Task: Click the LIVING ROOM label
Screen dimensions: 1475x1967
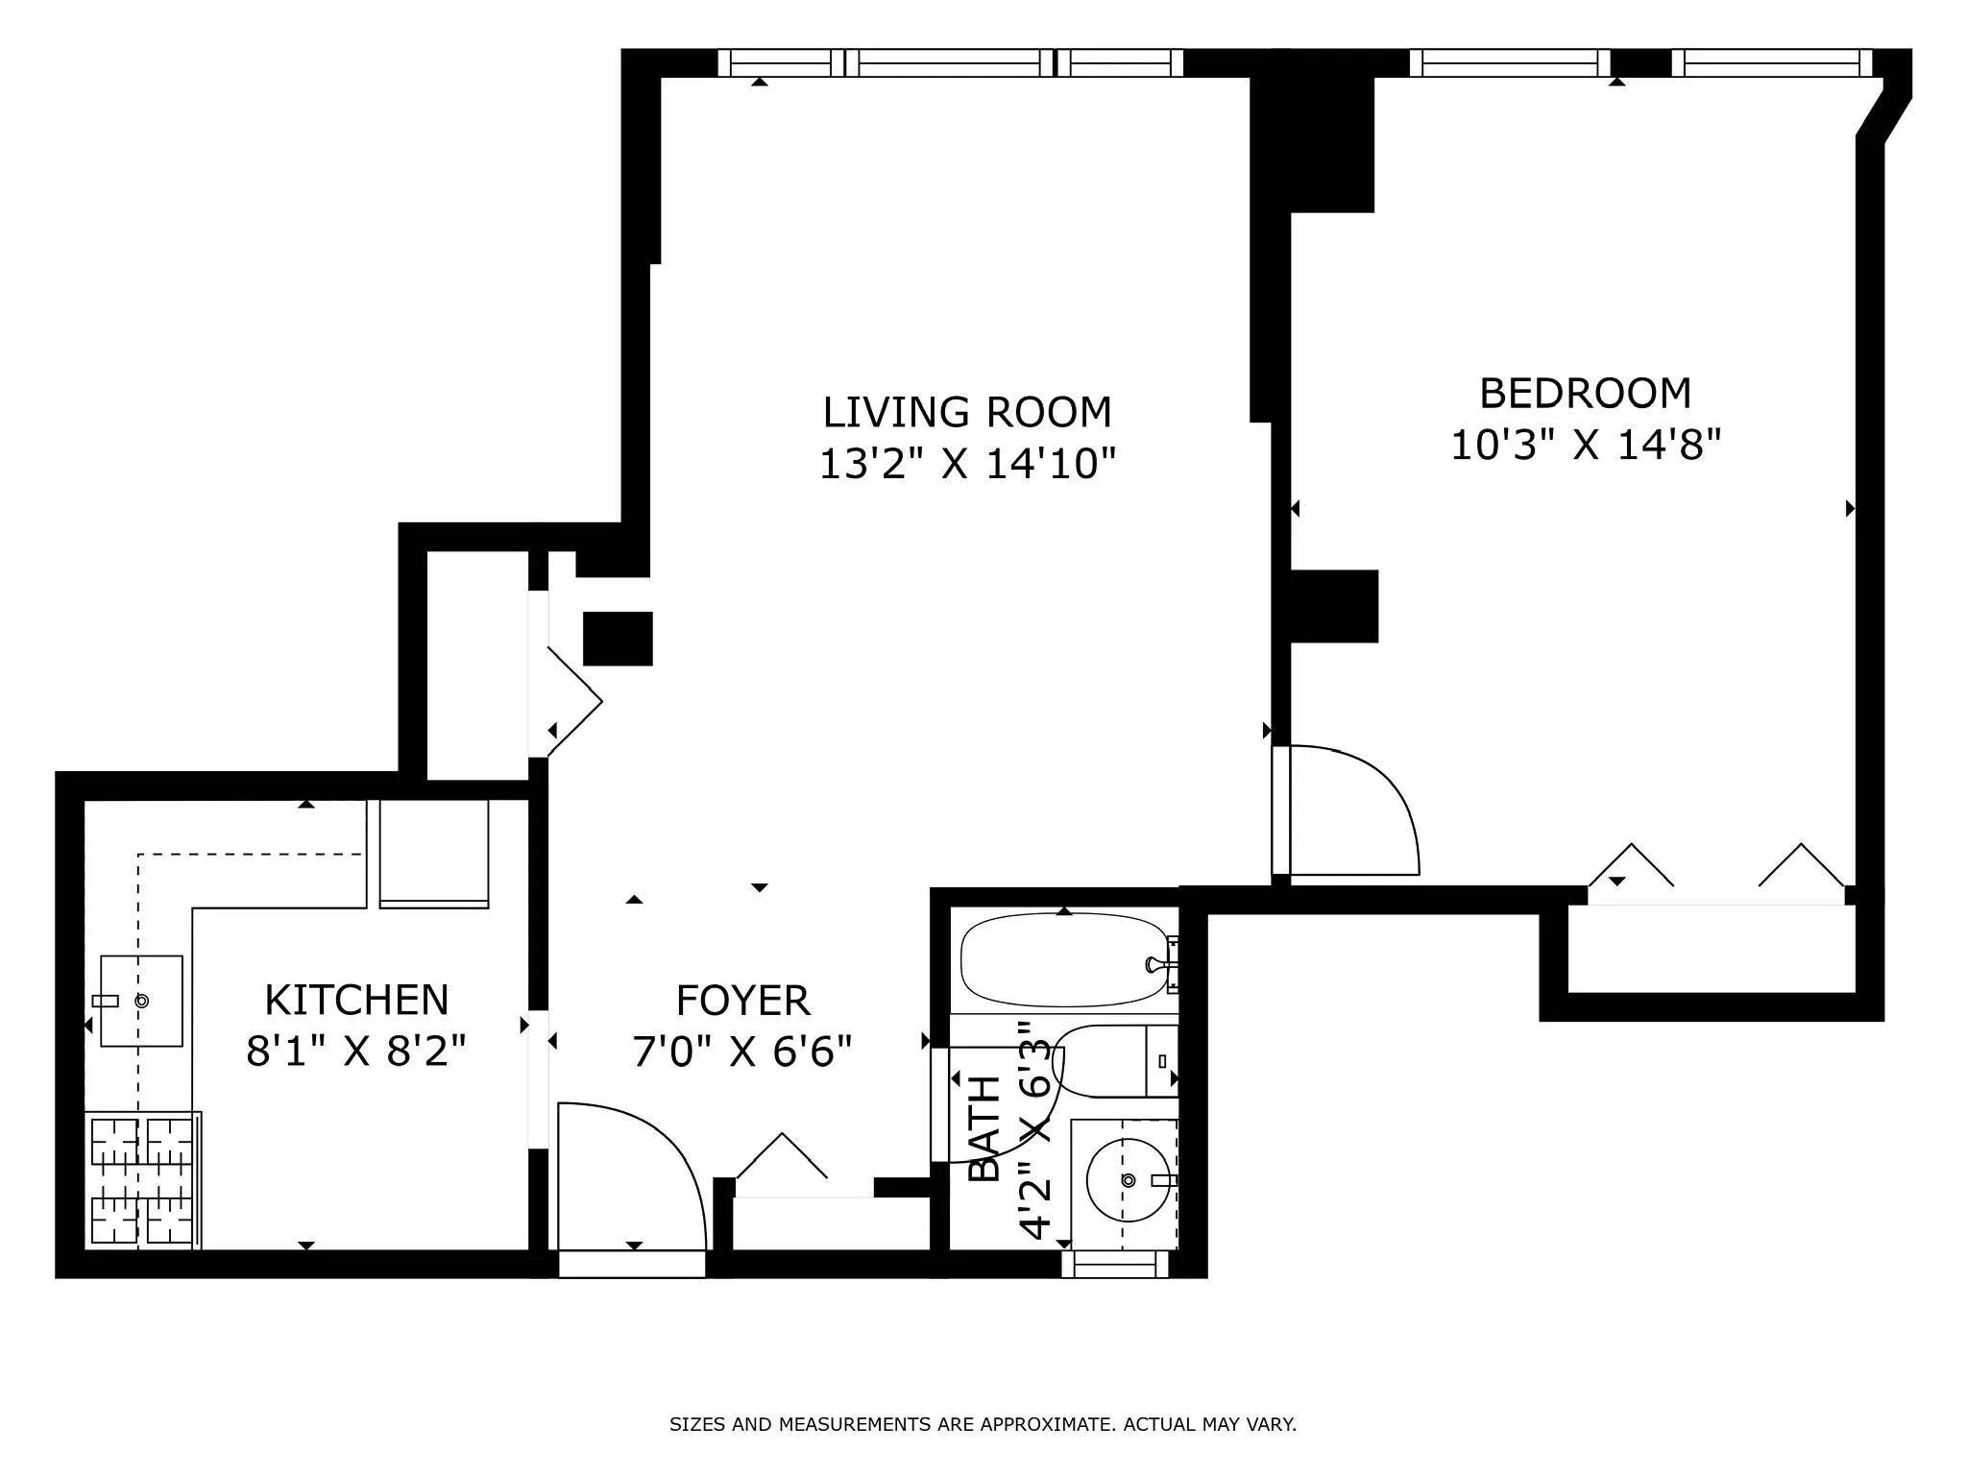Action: click(x=966, y=412)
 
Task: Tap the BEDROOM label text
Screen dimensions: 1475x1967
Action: click(x=1585, y=394)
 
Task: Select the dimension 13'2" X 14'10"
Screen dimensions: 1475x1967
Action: click(x=966, y=465)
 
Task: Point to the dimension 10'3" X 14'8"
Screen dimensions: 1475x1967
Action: click(x=1585, y=446)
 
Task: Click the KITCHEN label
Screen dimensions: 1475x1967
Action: click(x=356, y=1001)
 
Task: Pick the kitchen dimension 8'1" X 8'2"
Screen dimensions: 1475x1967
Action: click(x=356, y=1052)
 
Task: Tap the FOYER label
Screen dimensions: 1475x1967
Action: click(x=742, y=1002)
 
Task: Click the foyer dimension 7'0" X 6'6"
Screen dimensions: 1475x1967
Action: click(x=742, y=1052)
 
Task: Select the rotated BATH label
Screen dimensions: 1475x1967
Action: click(x=985, y=1129)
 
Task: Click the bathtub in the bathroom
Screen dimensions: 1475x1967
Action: click(x=1061, y=959)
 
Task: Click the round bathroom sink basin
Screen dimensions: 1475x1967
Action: click(x=1128, y=1180)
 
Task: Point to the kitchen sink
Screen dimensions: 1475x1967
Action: click(x=141, y=1001)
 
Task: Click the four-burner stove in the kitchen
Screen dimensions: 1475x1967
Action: click(x=142, y=1180)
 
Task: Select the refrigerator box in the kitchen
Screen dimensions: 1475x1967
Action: click(x=434, y=853)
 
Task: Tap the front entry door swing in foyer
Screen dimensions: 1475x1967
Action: click(x=629, y=1176)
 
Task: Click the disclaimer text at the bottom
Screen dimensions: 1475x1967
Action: click(x=983, y=1424)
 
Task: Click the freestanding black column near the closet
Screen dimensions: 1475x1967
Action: click(x=618, y=639)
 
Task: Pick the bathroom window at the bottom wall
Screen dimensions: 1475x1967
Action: click(x=1114, y=1265)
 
